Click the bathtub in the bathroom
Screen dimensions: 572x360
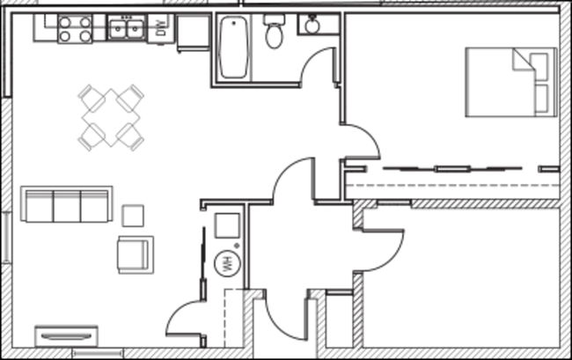pyautogui.click(x=233, y=48)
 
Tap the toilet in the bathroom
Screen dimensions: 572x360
pyautogui.click(x=275, y=32)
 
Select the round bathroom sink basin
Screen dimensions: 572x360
pyautogui.click(x=312, y=26)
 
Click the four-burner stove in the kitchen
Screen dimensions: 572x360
pyautogui.click(x=75, y=29)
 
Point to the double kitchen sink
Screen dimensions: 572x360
pyautogui.click(x=126, y=28)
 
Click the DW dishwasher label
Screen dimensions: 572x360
pyautogui.click(x=161, y=27)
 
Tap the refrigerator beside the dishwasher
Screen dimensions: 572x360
pyautogui.click(x=194, y=33)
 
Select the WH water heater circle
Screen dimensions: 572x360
pyautogui.click(x=228, y=263)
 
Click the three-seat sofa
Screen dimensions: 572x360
pyautogui.click(x=66, y=204)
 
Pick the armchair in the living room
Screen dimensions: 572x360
pyautogui.click(x=136, y=254)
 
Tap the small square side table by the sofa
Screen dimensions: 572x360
pyautogui.click(x=133, y=216)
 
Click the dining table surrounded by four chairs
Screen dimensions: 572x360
pyautogui.click(x=111, y=118)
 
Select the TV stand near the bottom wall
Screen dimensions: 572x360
pyautogui.click(x=66, y=336)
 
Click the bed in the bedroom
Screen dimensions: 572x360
pyautogui.click(x=511, y=82)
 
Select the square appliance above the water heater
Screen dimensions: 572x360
pyautogui.click(x=227, y=226)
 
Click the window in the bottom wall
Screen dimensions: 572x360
pyautogui.click(x=98, y=354)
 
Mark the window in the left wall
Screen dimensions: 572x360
pyautogui.click(x=6, y=237)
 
